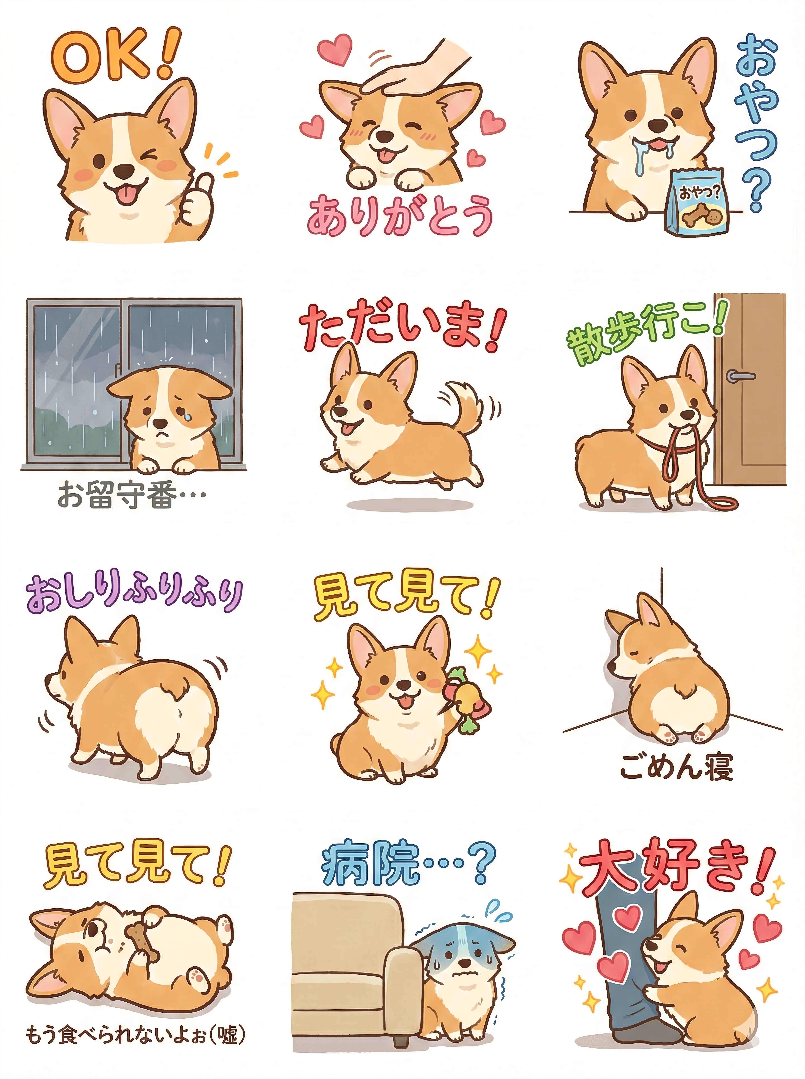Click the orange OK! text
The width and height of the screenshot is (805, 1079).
(114, 55)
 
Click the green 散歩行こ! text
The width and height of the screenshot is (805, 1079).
(643, 332)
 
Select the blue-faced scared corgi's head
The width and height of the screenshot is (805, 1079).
(463, 951)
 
